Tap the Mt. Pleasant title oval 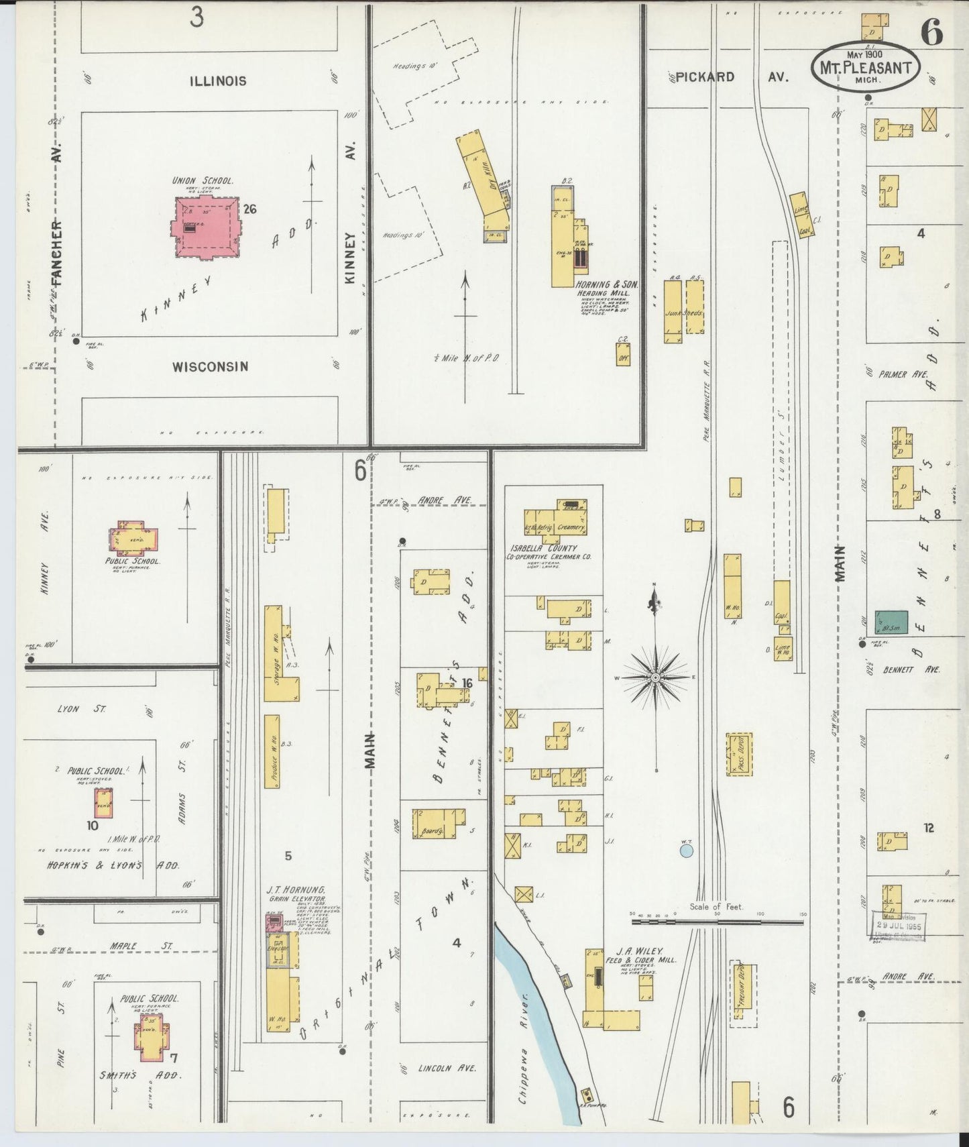point(864,67)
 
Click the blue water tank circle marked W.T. point(685,851)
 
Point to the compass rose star point(655,677)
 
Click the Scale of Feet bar point(718,922)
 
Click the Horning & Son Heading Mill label point(607,289)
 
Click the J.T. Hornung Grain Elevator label point(296,893)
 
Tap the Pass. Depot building point(739,754)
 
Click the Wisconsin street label point(210,367)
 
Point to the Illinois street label point(217,81)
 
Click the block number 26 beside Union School point(250,209)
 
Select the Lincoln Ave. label point(446,1069)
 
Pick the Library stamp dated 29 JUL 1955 point(899,926)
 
